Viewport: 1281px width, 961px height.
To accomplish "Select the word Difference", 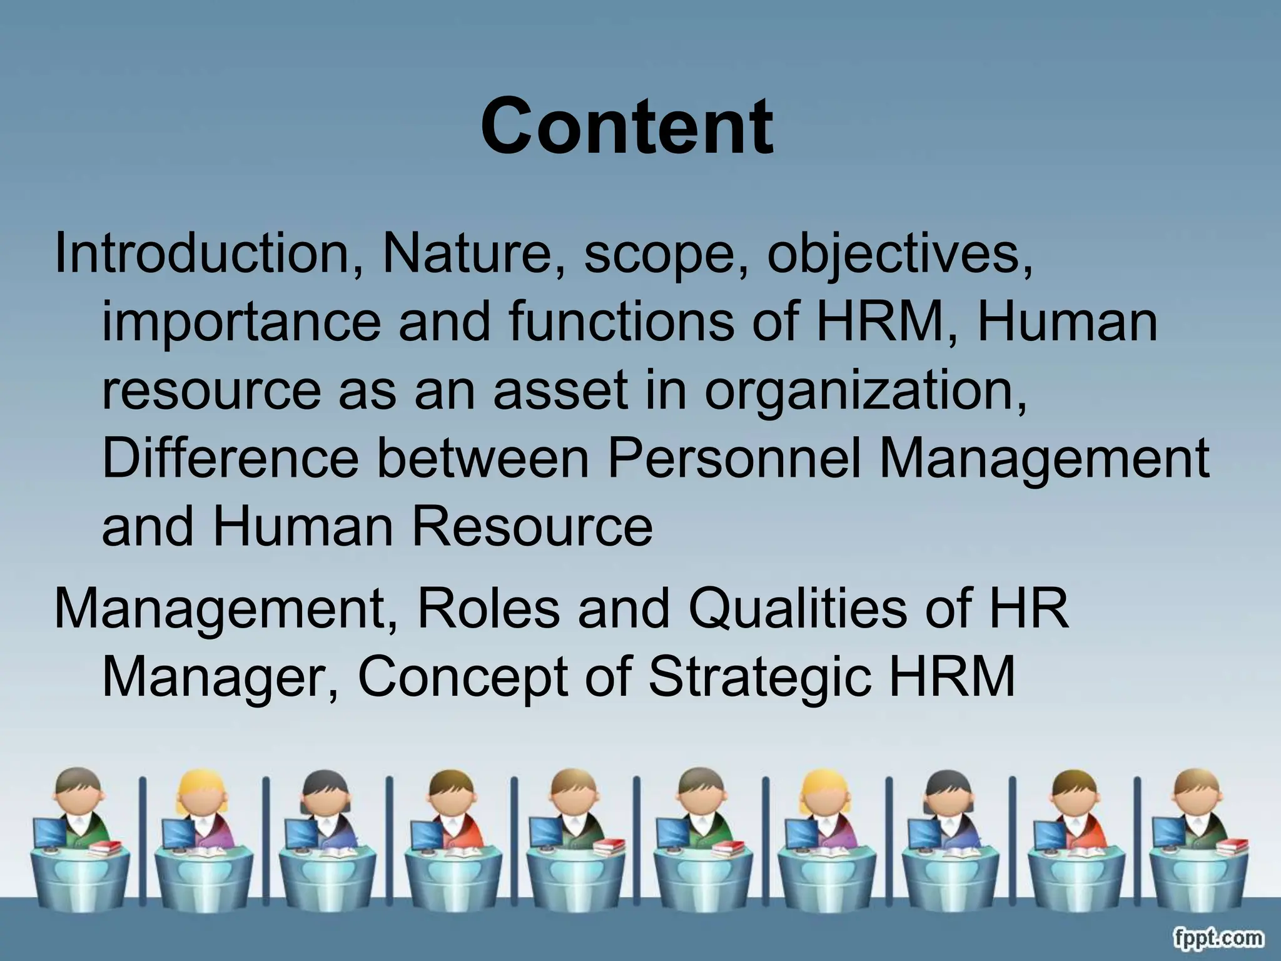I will (230, 457).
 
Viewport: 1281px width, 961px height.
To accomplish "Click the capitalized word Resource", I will (532, 526).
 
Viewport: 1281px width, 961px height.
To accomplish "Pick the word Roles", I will (489, 609).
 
